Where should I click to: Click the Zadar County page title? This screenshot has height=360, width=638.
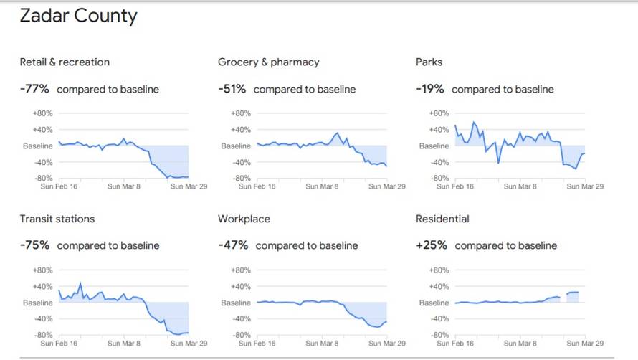click(x=78, y=16)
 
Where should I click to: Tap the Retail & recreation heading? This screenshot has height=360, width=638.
click(x=65, y=62)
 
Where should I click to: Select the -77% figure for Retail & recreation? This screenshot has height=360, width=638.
click(x=34, y=90)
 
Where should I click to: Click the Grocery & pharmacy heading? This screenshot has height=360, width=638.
click(x=269, y=62)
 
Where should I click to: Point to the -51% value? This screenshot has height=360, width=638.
click(x=232, y=90)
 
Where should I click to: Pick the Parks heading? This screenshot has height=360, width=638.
click(x=429, y=62)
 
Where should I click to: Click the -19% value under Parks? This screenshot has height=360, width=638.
click(x=430, y=90)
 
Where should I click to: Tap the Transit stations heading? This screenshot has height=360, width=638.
click(x=57, y=219)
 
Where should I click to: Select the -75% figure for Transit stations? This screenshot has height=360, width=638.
click(x=34, y=245)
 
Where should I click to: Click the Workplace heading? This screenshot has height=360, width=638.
click(x=244, y=219)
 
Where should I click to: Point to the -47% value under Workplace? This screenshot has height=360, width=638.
click(x=233, y=245)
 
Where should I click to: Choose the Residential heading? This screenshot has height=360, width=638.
click(x=443, y=219)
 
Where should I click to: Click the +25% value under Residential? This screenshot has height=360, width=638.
click(x=432, y=245)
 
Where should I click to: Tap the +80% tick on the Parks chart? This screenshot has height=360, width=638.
click(x=439, y=113)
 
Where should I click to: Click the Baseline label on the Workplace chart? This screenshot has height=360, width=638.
click(x=236, y=303)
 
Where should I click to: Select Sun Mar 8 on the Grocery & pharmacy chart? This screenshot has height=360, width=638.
click(x=322, y=186)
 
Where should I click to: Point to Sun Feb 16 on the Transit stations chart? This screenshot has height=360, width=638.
click(x=58, y=344)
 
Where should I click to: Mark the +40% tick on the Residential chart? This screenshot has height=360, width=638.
click(x=439, y=287)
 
